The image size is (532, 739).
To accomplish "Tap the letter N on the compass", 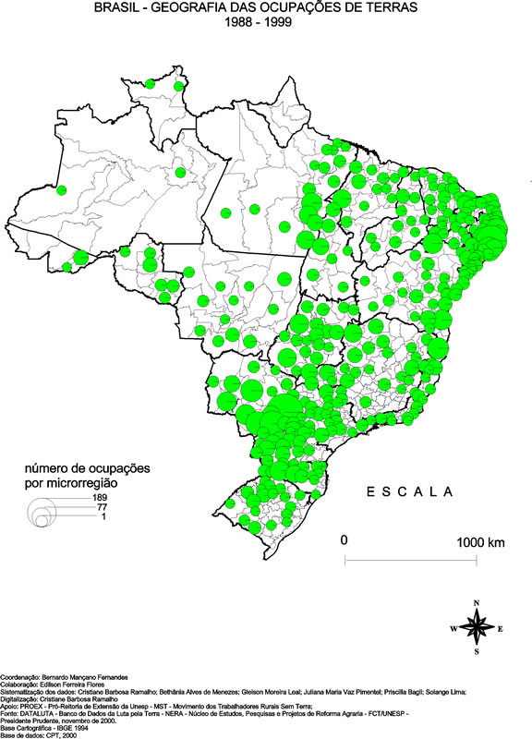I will click(x=477, y=603).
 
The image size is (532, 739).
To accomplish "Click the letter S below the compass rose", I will click(x=477, y=652).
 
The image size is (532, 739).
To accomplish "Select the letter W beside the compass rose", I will click(x=453, y=628).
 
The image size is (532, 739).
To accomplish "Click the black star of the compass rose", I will click(x=477, y=628).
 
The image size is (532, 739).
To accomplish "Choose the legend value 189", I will click(x=100, y=498).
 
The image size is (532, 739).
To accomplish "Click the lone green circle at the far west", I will click(x=61, y=190).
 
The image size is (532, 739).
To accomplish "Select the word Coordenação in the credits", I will click(x=20, y=677).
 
